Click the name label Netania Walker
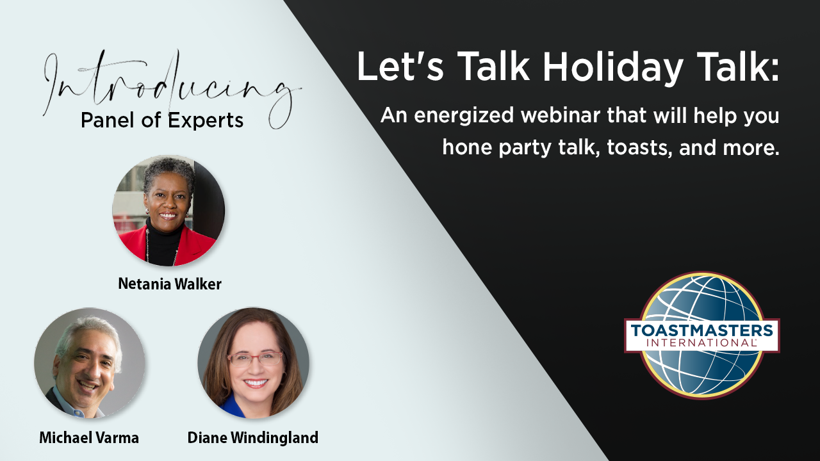coord(170,284)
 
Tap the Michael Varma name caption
coord(89,437)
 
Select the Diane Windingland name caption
coord(253,438)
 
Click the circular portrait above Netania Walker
coord(168,211)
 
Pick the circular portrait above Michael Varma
coord(90,363)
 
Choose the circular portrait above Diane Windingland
coord(253,363)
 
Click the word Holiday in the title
coord(612,67)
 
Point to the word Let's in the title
coord(400,66)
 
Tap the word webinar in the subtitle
coord(561,116)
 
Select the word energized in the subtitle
coord(464,117)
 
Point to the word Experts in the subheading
coord(206,120)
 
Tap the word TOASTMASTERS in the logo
coord(701,331)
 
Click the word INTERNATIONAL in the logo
coord(701,343)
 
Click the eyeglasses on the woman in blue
coord(255,359)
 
